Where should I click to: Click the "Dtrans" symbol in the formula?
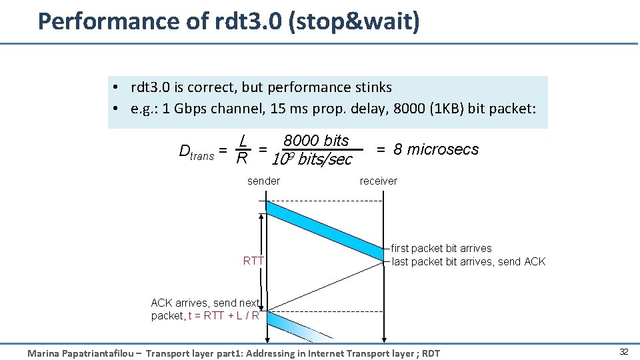pyautogui.click(x=197, y=151)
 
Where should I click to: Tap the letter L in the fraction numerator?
pyautogui.click(x=245, y=141)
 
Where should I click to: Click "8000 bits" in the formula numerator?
pyautogui.click(x=316, y=141)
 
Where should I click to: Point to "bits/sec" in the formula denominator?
pyautogui.click(x=325, y=160)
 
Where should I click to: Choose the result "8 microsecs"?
pyautogui.click(x=436, y=149)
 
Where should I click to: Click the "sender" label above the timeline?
pyautogui.click(x=263, y=181)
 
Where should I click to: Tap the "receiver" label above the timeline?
pyautogui.click(x=378, y=181)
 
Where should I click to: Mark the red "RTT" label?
pyautogui.click(x=253, y=261)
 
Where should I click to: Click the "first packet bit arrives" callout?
pyautogui.click(x=441, y=248)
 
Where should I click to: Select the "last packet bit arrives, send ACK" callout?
pyautogui.click(x=468, y=261)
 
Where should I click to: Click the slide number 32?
pyautogui.click(x=624, y=351)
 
